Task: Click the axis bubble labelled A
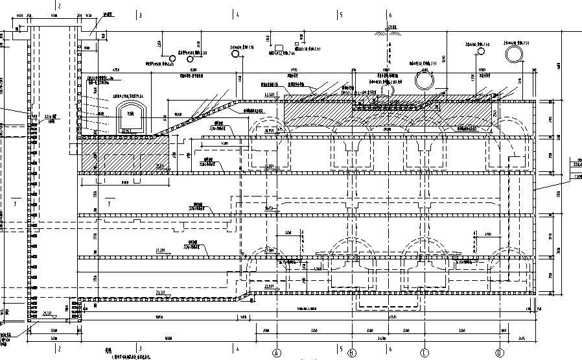click(x=277, y=354)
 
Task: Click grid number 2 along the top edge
click(x=59, y=5)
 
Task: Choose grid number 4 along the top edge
click(x=237, y=14)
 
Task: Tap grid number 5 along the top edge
click(x=339, y=14)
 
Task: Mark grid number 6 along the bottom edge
click(x=390, y=348)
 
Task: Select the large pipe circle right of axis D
click(x=516, y=51)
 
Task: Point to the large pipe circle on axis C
click(x=426, y=79)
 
